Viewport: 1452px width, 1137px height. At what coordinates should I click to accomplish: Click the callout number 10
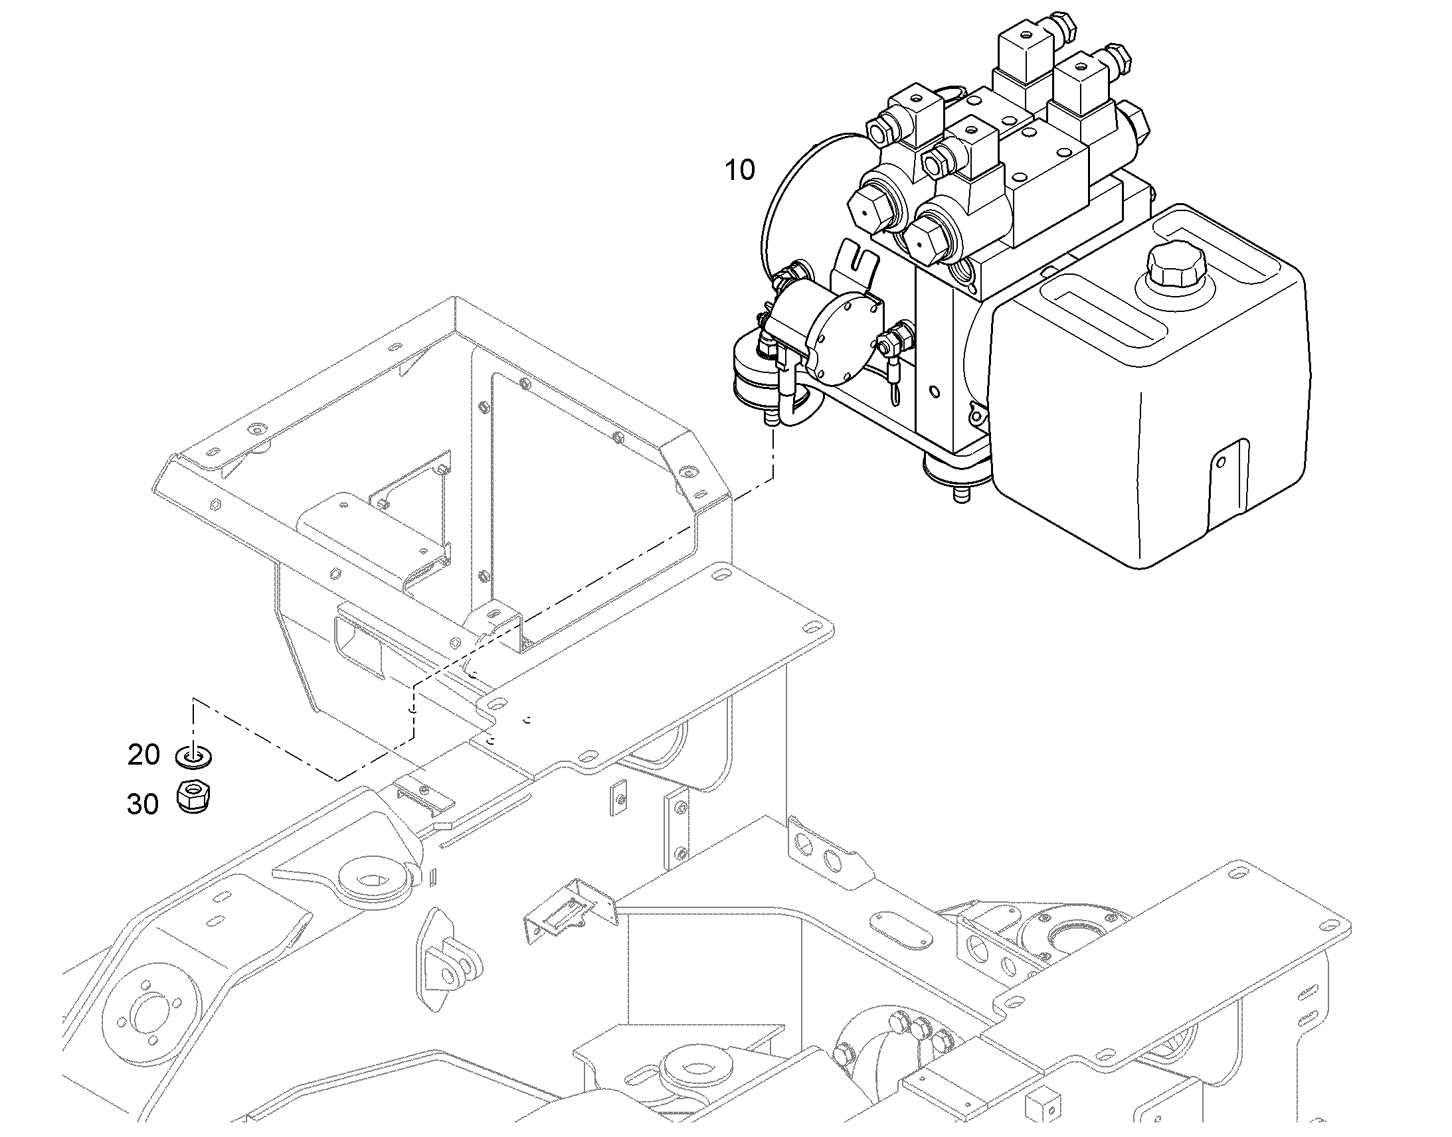coord(740,170)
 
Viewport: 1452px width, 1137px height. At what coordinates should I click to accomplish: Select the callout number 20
coord(144,754)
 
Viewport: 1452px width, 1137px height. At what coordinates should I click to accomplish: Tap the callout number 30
coord(143,804)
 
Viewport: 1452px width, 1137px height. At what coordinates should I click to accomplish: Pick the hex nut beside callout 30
coord(194,796)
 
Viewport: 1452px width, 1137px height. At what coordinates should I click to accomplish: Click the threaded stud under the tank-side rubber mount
coord(961,494)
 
